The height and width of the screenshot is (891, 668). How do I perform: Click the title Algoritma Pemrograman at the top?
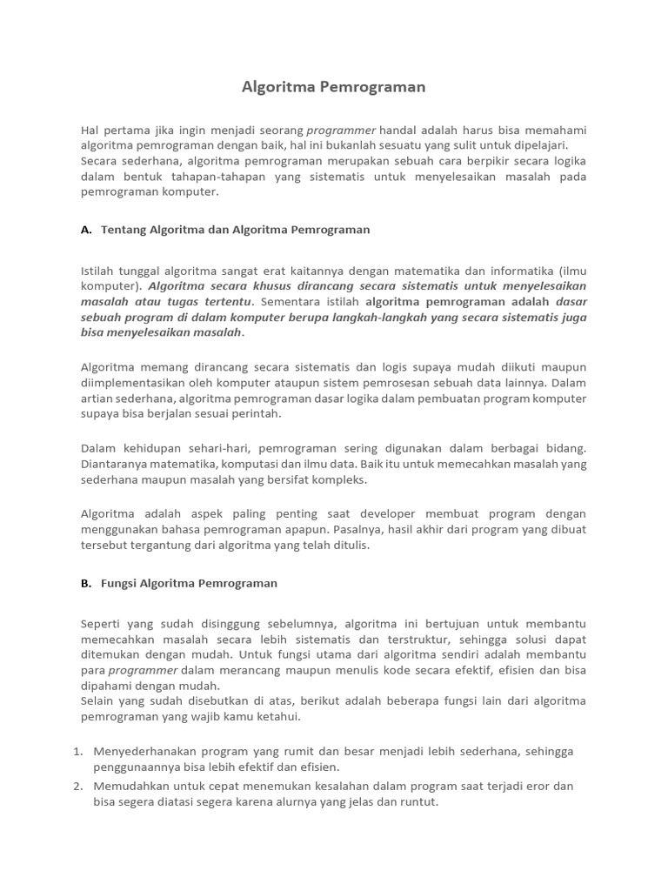click(333, 88)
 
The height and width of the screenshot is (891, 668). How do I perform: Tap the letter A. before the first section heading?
click(86, 230)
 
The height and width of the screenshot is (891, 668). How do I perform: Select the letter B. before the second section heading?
click(86, 583)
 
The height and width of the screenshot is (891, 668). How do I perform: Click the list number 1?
click(78, 751)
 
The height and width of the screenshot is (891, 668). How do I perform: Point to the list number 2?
click(78, 786)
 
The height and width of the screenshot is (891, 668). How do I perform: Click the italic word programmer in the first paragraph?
click(341, 130)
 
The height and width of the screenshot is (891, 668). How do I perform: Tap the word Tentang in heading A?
click(123, 230)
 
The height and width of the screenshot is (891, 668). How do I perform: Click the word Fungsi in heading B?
click(120, 583)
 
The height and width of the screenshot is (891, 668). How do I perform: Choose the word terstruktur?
click(418, 639)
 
